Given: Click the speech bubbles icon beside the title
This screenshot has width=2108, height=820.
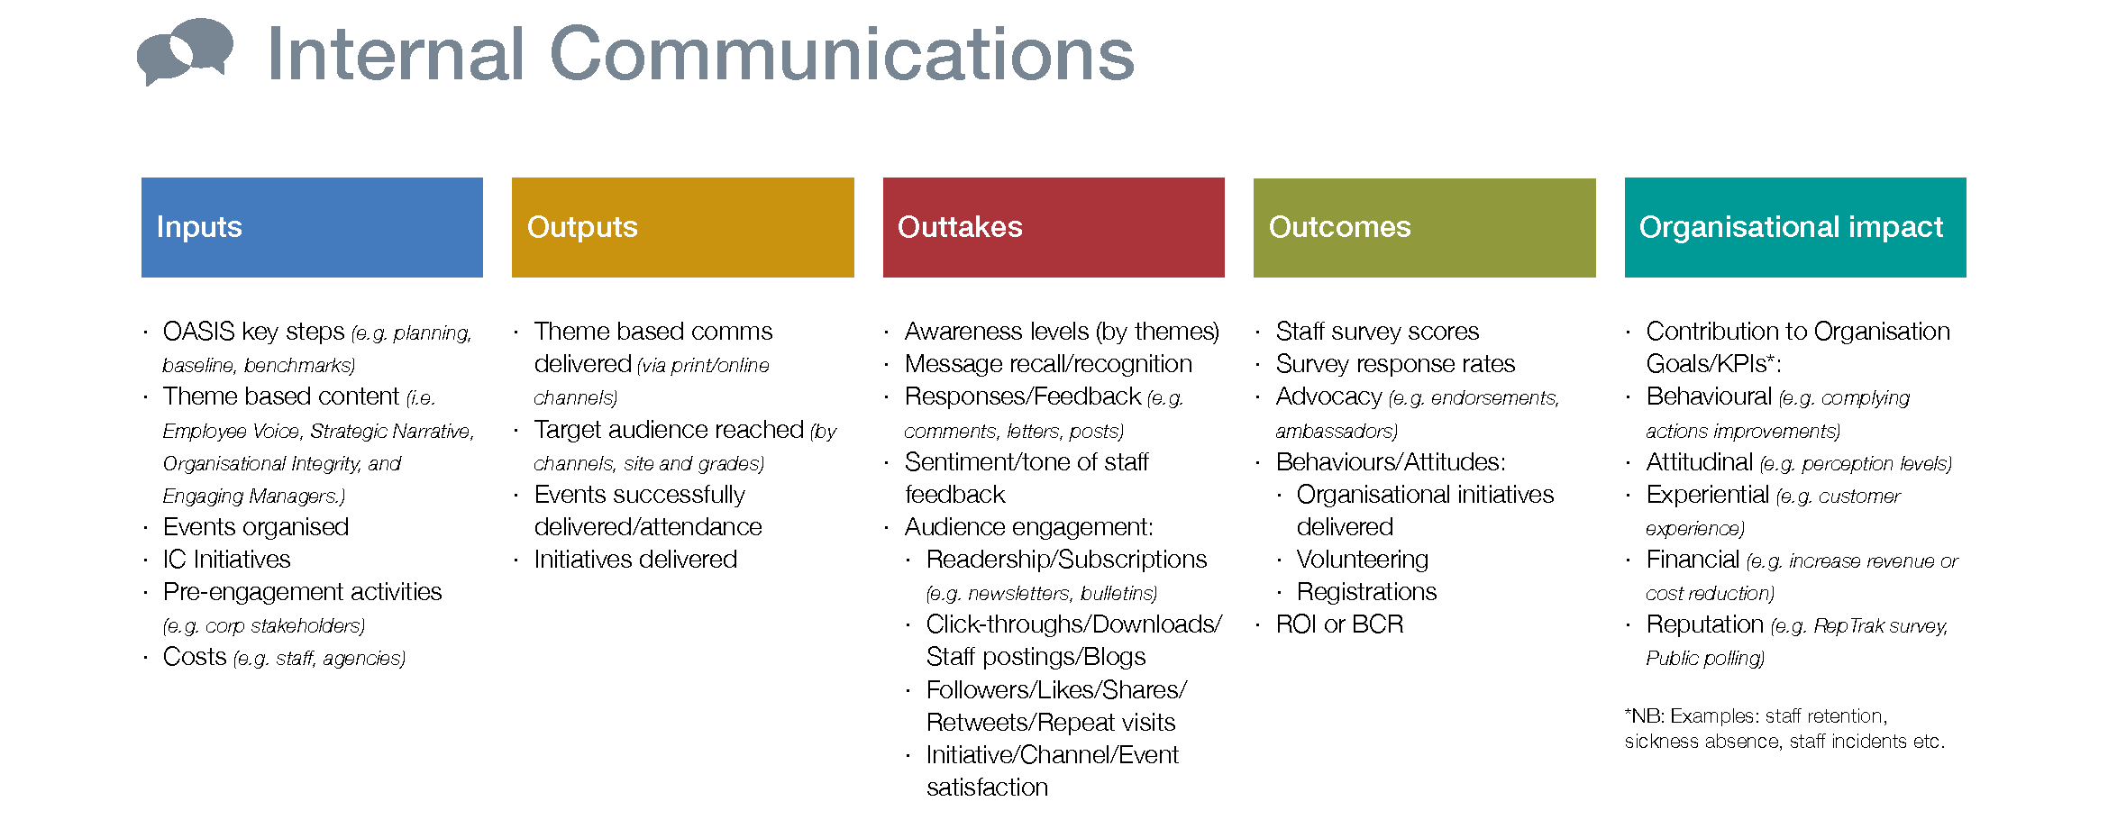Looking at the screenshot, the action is pyautogui.click(x=185, y=51).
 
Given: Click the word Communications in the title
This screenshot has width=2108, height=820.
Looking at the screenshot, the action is pyautogui.click(x=842, y=54).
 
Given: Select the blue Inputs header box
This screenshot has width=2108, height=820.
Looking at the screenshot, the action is pyautogui.click(x=312, y=227).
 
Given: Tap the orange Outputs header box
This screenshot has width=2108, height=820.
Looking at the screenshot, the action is pyautogui.click(x=682, y=227).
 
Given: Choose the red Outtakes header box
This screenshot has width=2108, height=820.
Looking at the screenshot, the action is pyautogui.click(x=1054, y=227).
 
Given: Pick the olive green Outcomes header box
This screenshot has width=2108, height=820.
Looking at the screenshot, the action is pyautogui.click(x=1424, y=227).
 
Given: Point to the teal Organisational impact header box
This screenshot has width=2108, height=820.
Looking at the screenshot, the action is pyautogui.click(x=1795, y=227).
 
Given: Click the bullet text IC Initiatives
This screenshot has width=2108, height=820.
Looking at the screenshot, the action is pyautogui.click(x=226, y=560).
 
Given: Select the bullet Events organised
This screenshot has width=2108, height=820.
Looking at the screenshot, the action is pyautogui.click(x=256, y=527).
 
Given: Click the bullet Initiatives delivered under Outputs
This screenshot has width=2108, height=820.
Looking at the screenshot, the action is pyautogui.click(x=635, y=560).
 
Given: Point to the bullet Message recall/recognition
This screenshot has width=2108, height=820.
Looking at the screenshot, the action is pyautogui.click(x=1048, y=364).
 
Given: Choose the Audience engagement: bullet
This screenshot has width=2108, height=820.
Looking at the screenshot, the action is pyautogui.click(x=1029, y=527).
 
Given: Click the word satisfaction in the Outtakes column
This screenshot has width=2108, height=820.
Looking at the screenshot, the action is pyautogui.click(x=987, y=788).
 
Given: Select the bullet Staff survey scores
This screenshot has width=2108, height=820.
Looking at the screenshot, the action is pyautogui.click(x=1377, y=332).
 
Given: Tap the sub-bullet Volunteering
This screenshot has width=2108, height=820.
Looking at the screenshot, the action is pyautogui.click(x=1363, y=560).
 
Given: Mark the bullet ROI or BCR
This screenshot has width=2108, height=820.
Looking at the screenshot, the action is pyautogui.click(x=1339, y=624).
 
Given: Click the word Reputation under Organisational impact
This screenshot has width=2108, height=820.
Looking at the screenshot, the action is pyautogui.click(x=1704, y=624).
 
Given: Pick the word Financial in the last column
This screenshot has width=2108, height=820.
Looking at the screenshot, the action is pyautogui.click(x=1693, y=560).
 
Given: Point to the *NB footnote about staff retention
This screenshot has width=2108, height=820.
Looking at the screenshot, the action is pyautogui.click(x=1784, y=728).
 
